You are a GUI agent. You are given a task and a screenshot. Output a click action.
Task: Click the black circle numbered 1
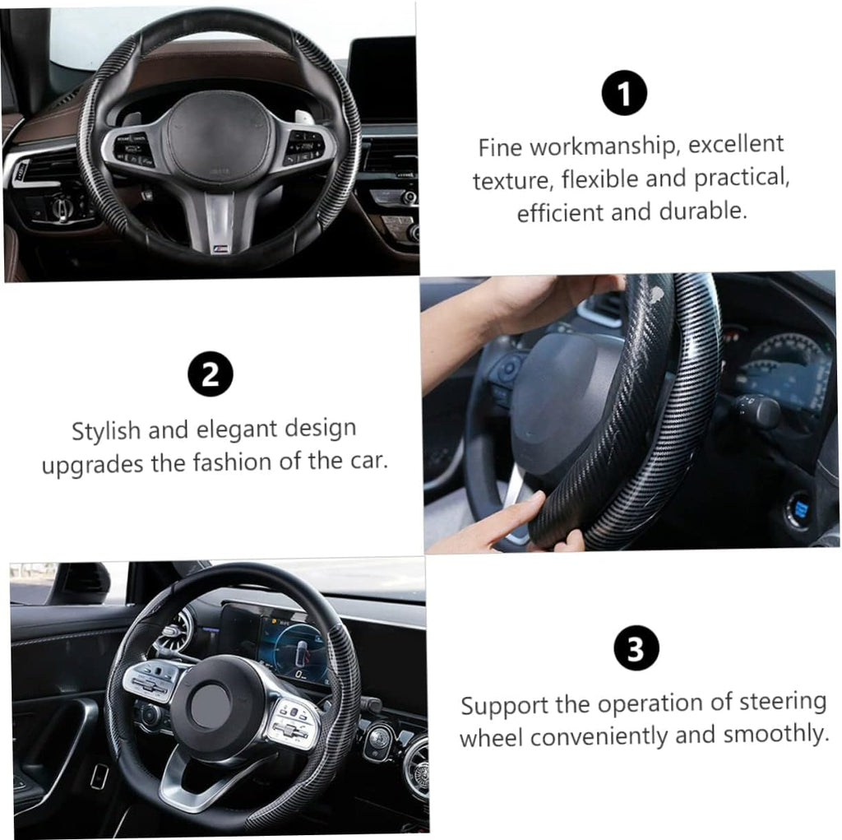624,92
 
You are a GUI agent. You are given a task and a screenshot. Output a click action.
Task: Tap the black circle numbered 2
210,374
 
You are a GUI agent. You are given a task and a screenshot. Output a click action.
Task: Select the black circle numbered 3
636,647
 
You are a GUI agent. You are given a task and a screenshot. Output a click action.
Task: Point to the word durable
703,211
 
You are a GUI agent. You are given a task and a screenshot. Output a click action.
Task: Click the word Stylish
106,431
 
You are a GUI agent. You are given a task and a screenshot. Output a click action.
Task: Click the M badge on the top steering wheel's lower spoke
220,248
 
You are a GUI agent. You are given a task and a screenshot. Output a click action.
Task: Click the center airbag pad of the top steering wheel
217,134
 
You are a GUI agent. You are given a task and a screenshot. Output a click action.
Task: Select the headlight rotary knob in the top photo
61,207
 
